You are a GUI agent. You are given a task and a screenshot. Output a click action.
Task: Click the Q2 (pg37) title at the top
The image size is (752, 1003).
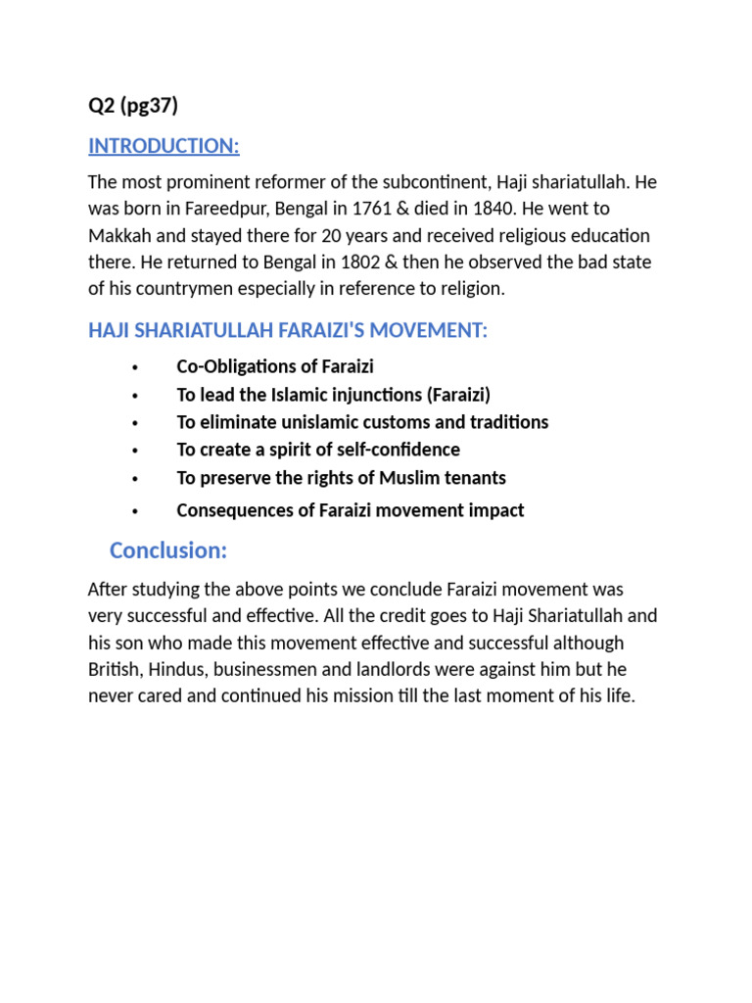(133, 106)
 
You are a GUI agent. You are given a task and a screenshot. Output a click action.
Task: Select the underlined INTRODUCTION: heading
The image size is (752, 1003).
(164, 146)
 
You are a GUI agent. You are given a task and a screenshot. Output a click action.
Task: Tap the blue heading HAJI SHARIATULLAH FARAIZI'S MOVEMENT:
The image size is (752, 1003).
(287, 331)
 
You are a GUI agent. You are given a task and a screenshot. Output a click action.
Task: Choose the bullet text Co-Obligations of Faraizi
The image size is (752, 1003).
(275, 366)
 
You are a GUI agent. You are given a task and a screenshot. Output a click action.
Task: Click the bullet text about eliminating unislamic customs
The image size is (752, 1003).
(362, 422)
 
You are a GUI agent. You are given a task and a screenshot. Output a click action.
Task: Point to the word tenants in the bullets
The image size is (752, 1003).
(472, 478)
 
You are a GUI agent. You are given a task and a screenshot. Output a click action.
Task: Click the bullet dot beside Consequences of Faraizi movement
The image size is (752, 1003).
(134, 511)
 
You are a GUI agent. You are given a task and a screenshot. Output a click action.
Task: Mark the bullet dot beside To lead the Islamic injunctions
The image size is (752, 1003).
(134, 396)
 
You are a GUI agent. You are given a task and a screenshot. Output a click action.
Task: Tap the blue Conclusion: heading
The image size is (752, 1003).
(168, 550)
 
